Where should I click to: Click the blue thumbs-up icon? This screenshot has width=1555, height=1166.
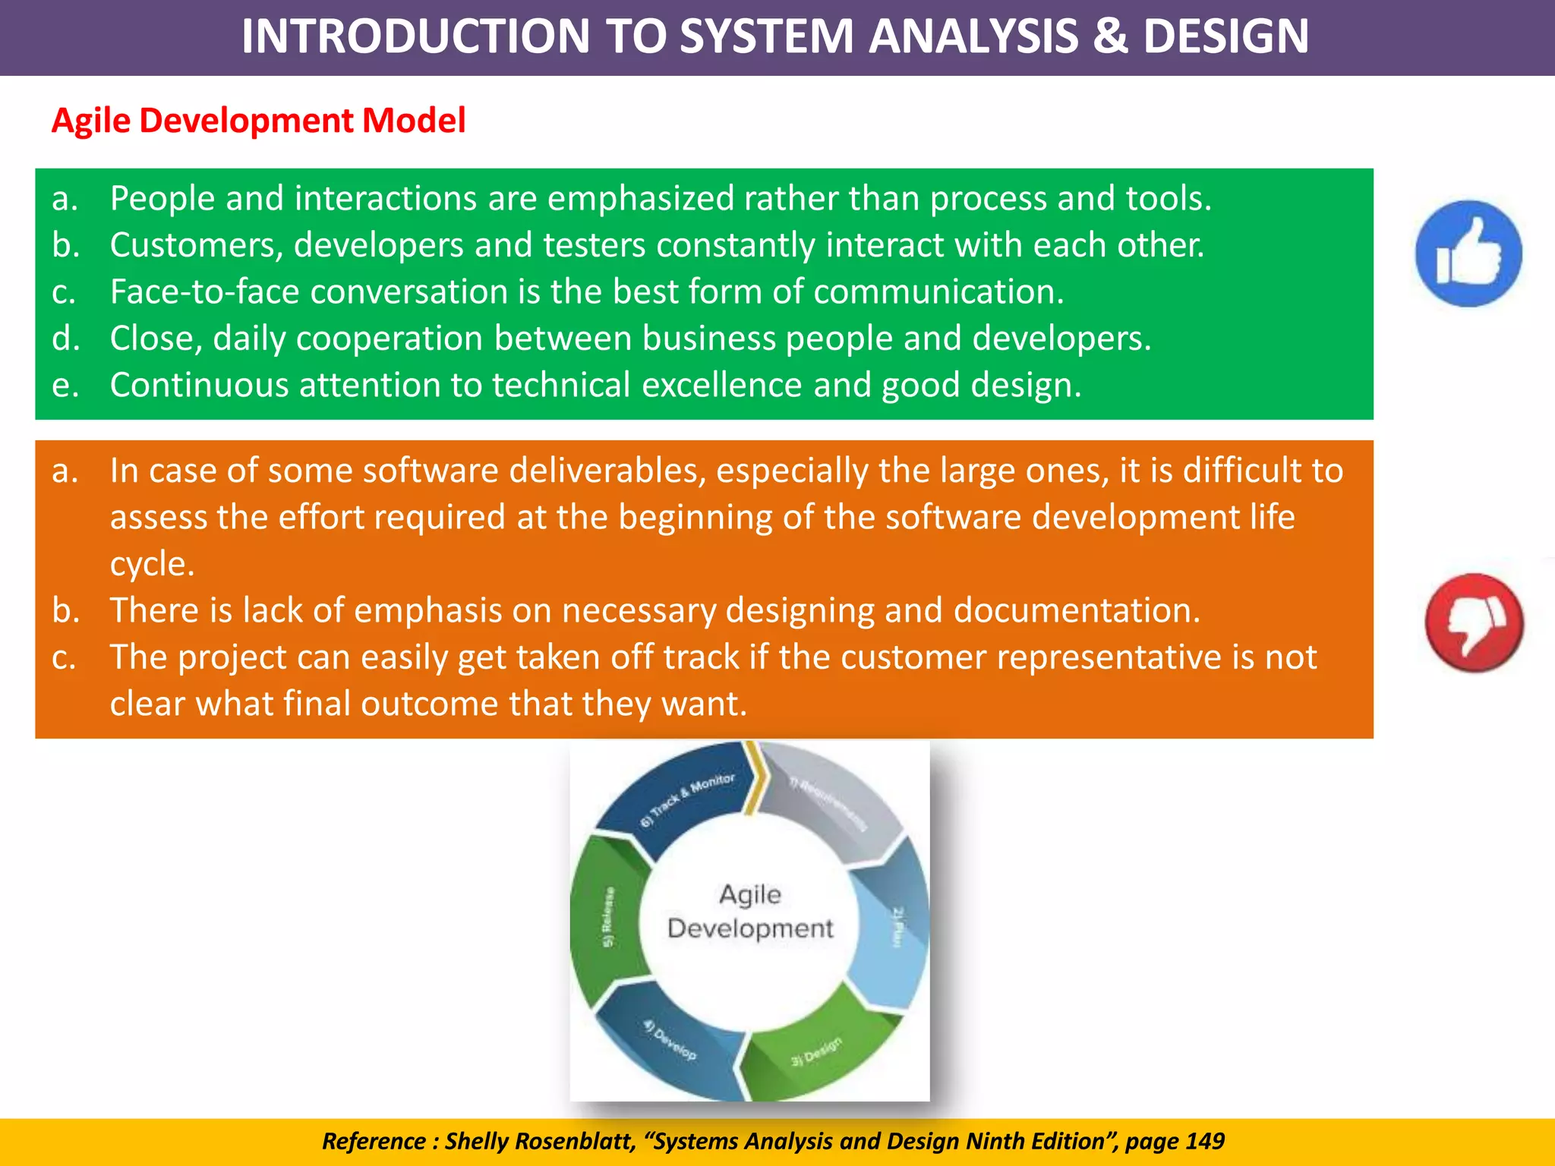pos(1468,254)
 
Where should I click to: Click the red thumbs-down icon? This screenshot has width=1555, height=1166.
pos(1474,622)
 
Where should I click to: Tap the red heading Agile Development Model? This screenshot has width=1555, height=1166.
pos(258,121)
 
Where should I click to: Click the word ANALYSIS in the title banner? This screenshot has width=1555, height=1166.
pos(973,36)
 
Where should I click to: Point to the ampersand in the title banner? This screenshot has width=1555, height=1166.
pos(1111,36)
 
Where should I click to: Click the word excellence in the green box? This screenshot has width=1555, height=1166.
pos(721,385)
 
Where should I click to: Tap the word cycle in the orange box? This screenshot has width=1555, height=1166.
pos(152,564)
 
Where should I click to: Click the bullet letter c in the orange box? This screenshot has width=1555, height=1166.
pos(64,657)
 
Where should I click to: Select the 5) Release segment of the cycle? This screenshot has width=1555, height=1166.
pos(607,919)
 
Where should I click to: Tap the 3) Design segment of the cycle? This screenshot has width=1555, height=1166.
pos(816,1051)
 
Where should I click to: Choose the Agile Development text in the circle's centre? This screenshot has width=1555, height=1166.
pos(750,911)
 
